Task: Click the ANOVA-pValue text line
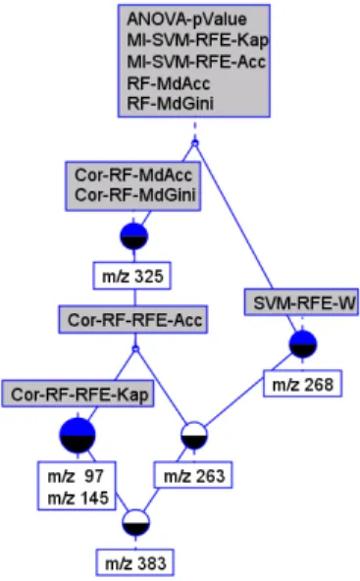pyautogui.click(x=186, y=20)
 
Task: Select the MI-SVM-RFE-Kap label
pyautogui.click(x=197, y=40)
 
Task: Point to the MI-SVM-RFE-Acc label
pyautogui.click(x=196, y=61)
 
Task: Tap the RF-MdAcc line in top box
pyautogui.click(x=169, y=83)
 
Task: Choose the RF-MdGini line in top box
pyautogui.click(x=171, y=103)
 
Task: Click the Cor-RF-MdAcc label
pyautogui.click(x=133, y=175)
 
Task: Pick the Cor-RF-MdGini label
pyautogui.click(x=135, y=195)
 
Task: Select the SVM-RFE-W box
pyautogui.click(x=301, y=302)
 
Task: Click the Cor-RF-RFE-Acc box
pyautogui.click(x=133, y=319)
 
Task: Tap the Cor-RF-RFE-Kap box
pyautogui.click(x=77, y=394)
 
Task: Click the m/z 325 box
pyautogui.click(x=131, y=276)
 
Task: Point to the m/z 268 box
pyautogui.click(x=302, y=384)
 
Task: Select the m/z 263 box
pyautogui.click(x=193, y=475)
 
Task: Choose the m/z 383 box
pyautogui.click(x=135, y=563)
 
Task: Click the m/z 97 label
pyautogui.click(x=76, y=476)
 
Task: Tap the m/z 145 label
pyautogui.click(x=77, y=498)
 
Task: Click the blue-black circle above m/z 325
pyautogui.click(x=134, y=237)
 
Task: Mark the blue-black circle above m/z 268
pyautogui.click(x=303, y=344)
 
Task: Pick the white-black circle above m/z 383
pyautogui.click(x=136, y=523)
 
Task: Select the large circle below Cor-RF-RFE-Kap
pyautogui.click(x=77, y=436)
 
